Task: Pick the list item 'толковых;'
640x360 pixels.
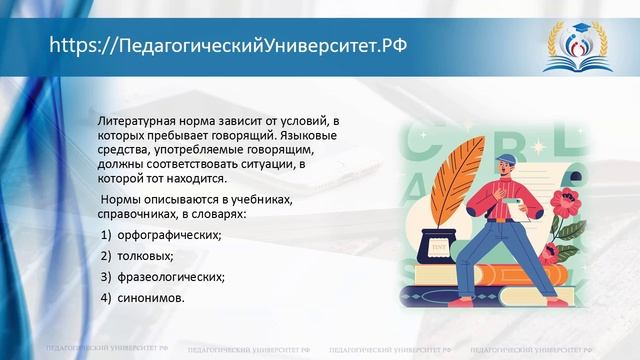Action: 151,255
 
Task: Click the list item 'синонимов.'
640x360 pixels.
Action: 154,299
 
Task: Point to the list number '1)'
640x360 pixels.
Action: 106,234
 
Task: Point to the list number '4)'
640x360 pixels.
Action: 106,299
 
